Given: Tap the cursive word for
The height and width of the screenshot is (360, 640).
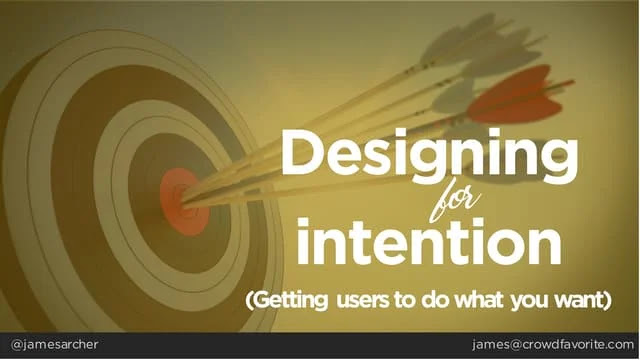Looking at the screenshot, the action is click(455, 201).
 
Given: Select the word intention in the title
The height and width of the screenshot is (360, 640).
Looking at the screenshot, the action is click(429, 242).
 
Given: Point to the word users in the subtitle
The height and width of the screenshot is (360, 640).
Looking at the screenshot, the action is click(363, 302).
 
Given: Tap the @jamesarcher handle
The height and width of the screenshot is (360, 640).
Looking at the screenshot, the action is click(54, 345).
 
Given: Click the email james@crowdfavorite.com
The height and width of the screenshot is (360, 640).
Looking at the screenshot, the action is click(553, 345).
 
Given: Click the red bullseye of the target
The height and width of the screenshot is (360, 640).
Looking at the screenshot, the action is click(184, 202).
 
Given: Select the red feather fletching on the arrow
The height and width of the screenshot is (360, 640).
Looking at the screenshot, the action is click(515, 96).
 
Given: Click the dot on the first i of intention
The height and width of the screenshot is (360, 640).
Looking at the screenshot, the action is click(304, 224).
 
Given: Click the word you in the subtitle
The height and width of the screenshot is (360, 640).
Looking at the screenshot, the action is click(527, 302).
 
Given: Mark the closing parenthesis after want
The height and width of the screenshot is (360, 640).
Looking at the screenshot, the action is click(608, 301).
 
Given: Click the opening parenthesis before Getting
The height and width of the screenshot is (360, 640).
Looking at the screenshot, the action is click(249, 301).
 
